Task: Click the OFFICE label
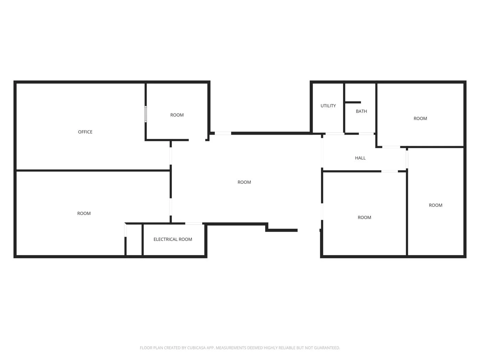click(85, 132)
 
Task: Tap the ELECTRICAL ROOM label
click(172, 239)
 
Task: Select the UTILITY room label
click(328, 106)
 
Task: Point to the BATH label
click(361, 111)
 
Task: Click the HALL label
click(360, 158)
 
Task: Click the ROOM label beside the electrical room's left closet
click(84, 214)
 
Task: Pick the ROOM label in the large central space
click(244, 182)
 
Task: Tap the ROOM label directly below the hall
click(364, 218)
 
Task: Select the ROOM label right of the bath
click(420, 119)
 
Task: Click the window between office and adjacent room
click(146, 114)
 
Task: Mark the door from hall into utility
click(335, 134)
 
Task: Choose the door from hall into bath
click(366, 134)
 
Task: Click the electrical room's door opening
click(194, 224)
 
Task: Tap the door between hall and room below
click(389, 171)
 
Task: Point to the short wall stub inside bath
click(353, 102)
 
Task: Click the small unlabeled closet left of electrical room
click(134, 240)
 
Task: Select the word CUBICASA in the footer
click(196, 348)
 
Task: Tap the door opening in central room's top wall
click(223, 133)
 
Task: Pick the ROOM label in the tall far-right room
click(435, 205)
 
